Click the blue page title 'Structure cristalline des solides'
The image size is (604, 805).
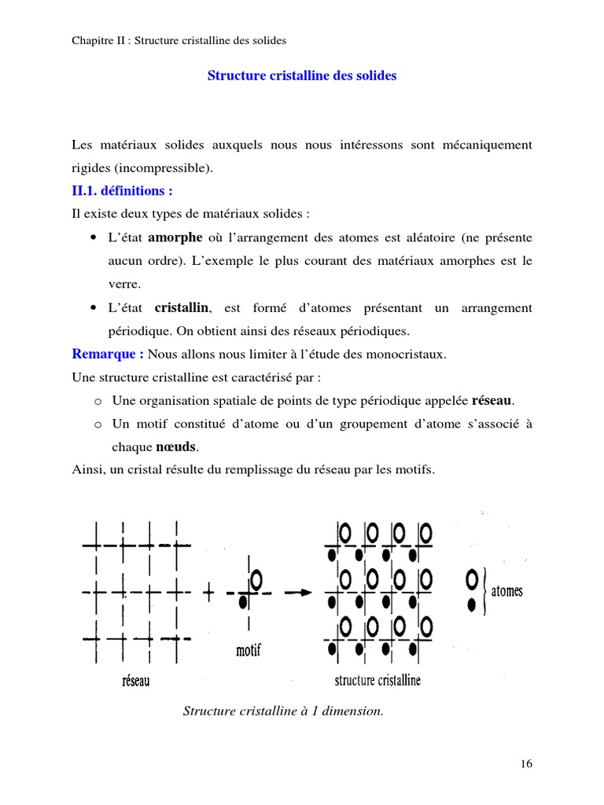tap(301, 76)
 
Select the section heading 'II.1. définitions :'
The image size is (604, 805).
tap(122, 191)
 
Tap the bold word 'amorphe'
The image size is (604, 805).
tap(175, 237)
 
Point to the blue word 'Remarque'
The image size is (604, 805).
tap(103, 354)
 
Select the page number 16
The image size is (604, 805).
tap(526, 763)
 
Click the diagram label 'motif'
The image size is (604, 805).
tap(248, 651)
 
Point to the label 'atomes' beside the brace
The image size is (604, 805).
tap(506, 591)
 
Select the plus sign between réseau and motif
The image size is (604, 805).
tap(209, 594)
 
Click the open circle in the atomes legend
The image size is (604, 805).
tap(471, 580)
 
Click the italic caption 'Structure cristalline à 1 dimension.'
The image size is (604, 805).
tap(283, 711)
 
